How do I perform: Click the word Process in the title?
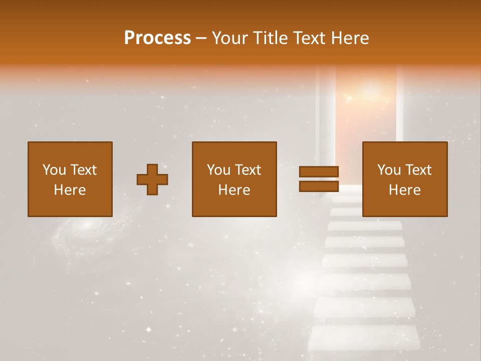pyautogui.click(x=157, y=38)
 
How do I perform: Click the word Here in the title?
pyautogui.click(x=350, y=38)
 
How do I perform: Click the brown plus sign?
pyautogui.click(x=152, y=179)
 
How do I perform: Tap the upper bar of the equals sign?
pyautogui.click(x=319, y=171)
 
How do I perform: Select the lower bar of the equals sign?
pyautogui.click(x=319, y=186)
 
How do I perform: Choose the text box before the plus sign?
pyautogui.click(x=70, y=179)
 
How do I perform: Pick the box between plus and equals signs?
pyautogui.click(x=234, y=179)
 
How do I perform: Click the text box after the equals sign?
pyautogui.click(x=404, y=179)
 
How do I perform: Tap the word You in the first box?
pyautogui.click(x=54, y=170)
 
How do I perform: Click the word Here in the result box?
pyautogui.click(x=404, y=190)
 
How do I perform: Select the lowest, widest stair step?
pyautogui.click(x=364, y=338)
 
